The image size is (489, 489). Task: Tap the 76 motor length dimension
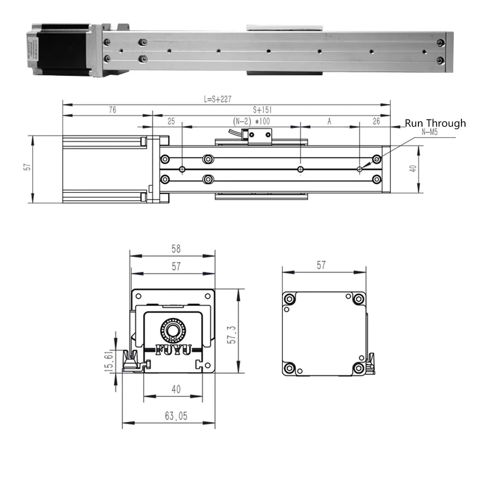[112, 110]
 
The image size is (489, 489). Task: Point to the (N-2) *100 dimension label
[250, 122]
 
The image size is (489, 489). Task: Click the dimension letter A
[329, 122]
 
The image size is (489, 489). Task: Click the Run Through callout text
[435, 123]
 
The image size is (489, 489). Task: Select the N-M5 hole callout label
[429, 132]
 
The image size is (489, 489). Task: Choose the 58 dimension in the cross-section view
[176, 249]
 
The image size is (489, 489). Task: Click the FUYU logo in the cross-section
[173, 350]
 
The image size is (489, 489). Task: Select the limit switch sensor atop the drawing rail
[257, 134]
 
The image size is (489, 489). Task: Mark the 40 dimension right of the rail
[412, 168]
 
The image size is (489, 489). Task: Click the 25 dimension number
[171, 122]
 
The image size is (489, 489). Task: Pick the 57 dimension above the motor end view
[321, 265]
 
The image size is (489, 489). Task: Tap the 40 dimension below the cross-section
[176, 389]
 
